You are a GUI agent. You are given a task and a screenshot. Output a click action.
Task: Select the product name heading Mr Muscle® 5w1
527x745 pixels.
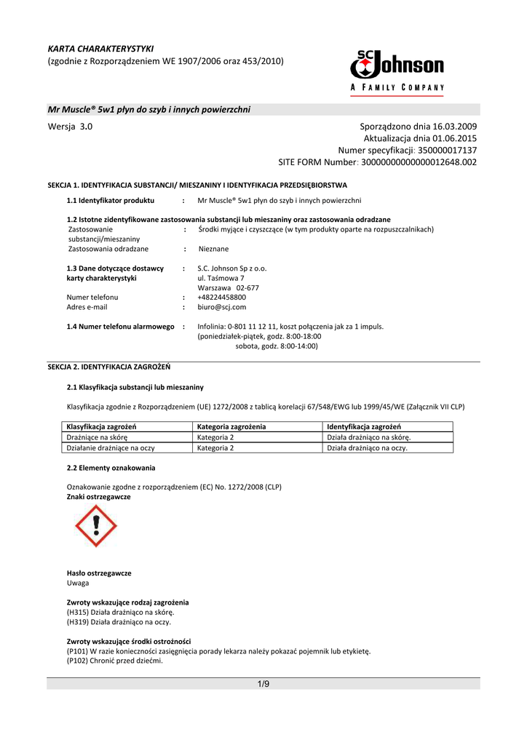(149, 109)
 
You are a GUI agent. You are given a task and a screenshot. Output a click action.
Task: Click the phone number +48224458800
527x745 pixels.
(222, 297)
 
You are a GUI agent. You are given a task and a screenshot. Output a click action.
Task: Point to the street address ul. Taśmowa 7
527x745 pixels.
(221, 278)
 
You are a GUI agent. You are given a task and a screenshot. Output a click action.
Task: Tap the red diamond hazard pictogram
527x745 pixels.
(95, 526)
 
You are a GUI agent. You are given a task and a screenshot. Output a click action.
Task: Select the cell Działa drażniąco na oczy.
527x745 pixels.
(367, 448)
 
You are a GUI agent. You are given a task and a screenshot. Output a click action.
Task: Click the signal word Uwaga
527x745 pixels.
(78, 583)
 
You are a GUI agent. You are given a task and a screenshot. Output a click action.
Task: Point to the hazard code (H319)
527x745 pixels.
(77, 622)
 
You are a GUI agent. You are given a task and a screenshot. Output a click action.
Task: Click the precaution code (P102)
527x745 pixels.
(77, 661)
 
